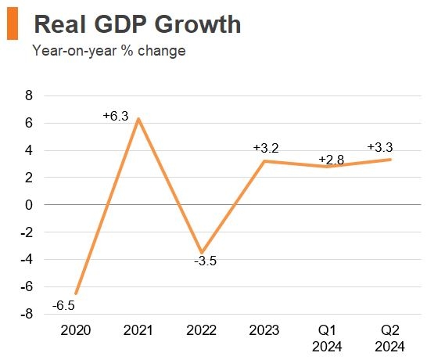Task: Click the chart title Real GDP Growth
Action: [138, 25]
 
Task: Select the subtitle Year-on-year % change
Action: [109, 52]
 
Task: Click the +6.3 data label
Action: [116, 116]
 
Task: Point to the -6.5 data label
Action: [64, 305]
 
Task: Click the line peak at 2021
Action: [138, 119]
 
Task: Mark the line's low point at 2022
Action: [203, 252]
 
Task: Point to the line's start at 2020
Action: [76, 293]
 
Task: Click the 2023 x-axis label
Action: [264, 330]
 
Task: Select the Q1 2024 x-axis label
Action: [328, 337]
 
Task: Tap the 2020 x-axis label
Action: [76, 330]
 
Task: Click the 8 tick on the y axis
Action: [30, 96]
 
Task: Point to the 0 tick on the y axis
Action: [30, 205]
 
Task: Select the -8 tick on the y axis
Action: [27, 314]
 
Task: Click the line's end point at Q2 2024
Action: [390, 160]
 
